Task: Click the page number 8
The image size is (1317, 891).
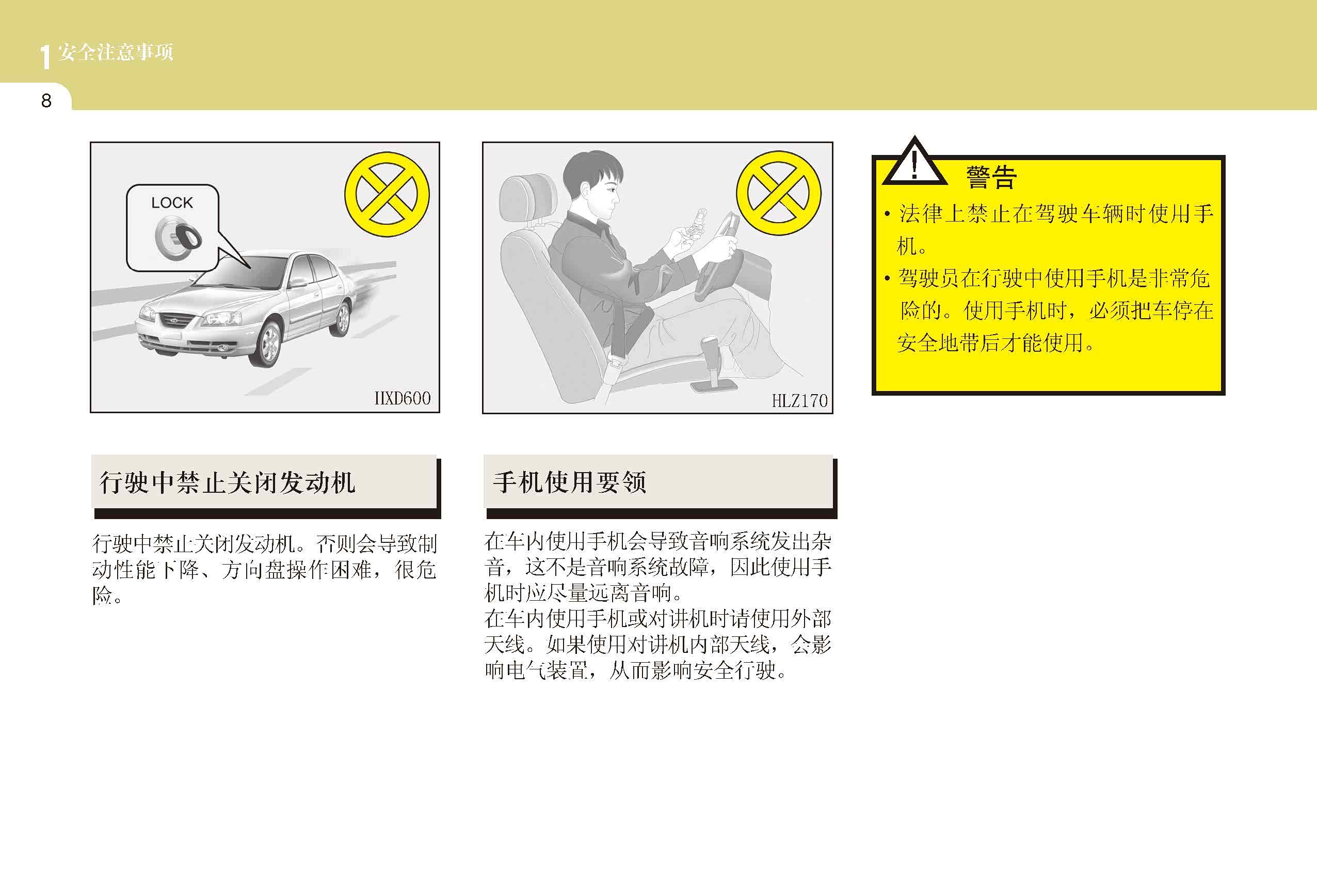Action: tap(46, 101)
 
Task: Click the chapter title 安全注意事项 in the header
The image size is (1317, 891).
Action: tap(115, 52)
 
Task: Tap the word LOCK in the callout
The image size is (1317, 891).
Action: tap(172, 202)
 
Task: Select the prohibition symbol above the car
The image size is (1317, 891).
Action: tap(387, 194)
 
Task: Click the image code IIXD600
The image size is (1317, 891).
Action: tap(403, 398)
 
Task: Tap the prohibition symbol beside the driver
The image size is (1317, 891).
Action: tap(779, 193)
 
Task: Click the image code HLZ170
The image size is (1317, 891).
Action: tap(799, 400)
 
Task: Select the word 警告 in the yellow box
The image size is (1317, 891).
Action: tap(991, 177)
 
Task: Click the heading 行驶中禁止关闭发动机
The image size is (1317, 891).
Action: tap(227, 482)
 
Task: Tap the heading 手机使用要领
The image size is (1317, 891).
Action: tap(570, 482)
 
